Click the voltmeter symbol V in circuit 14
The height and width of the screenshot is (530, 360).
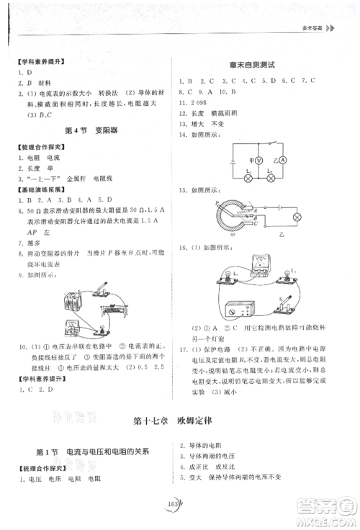[266, 161]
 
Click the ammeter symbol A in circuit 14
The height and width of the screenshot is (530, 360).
[284, 161]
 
